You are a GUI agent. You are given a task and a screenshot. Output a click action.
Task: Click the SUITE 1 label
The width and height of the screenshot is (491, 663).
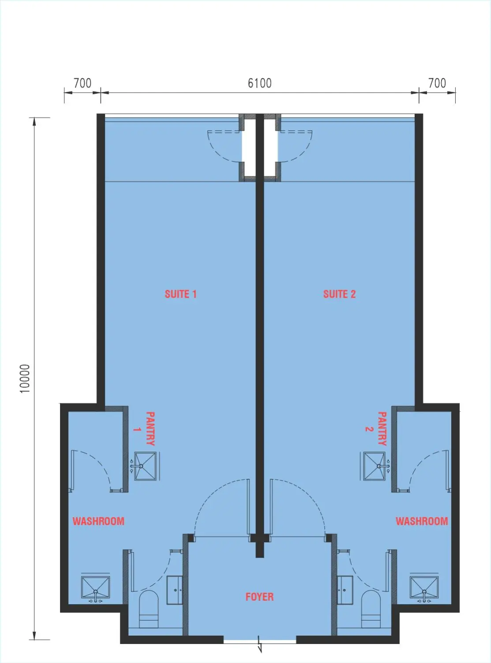coord(180,294)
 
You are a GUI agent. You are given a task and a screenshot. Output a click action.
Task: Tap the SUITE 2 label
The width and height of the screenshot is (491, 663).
coord(339,294)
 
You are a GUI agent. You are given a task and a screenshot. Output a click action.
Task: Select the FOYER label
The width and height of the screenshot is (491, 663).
coord(259,597)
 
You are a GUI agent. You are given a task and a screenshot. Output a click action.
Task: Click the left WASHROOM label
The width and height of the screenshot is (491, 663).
coord(98,521)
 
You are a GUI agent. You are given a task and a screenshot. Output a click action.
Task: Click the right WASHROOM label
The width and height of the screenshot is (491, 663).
coord(422,521)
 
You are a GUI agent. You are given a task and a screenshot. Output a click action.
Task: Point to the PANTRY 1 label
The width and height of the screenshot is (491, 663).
coord(145,429)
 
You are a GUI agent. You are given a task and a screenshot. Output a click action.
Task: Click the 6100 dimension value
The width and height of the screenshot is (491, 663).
coord(259,83)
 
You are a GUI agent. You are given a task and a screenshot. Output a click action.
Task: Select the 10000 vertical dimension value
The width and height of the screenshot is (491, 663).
coord(25,378)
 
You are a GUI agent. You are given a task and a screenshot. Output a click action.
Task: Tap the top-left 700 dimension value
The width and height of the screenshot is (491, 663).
coord(82,83)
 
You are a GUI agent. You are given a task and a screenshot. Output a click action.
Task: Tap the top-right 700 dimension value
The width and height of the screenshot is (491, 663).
coord(437,83)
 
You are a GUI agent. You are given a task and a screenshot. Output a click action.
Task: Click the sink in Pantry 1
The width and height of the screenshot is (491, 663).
coord(142,466)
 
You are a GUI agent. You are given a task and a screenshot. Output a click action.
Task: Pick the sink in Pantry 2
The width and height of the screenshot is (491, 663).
coord(377,466)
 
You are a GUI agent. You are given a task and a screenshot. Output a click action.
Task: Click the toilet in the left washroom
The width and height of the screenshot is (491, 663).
coord(149,610)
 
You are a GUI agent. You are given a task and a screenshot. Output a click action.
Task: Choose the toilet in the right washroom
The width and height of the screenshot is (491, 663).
coord(371,610)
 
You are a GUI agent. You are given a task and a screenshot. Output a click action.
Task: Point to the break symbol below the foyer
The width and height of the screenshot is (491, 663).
coord(260,645)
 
